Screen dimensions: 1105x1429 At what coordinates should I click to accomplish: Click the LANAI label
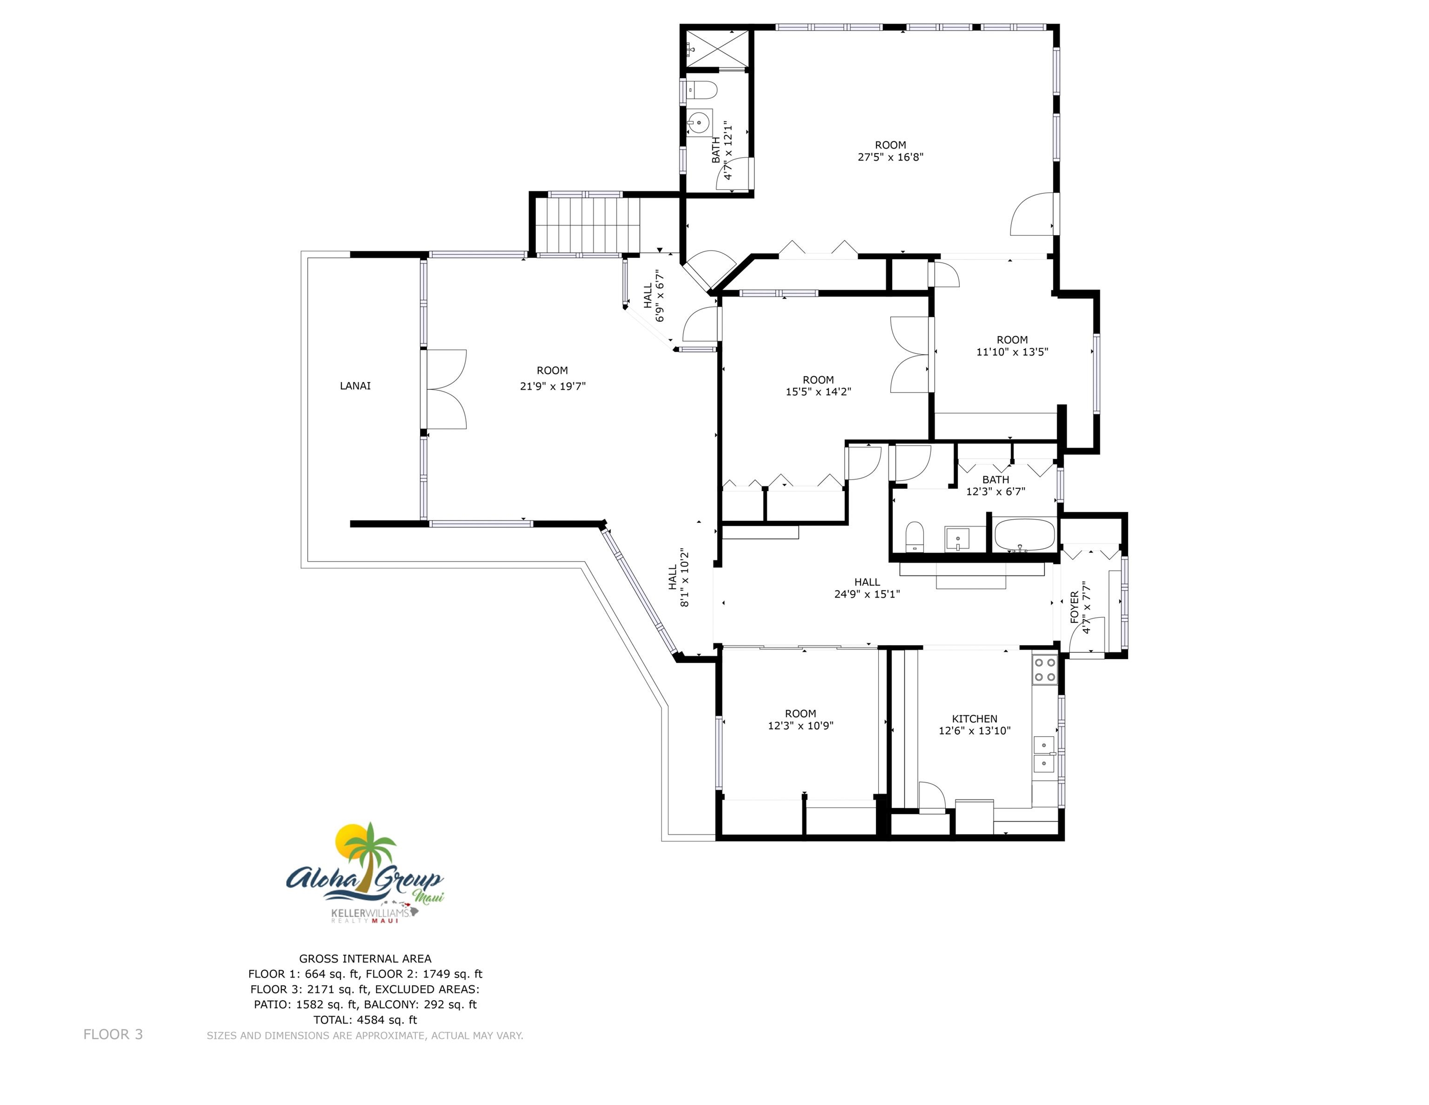355,386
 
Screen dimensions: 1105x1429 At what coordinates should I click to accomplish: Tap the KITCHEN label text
974,719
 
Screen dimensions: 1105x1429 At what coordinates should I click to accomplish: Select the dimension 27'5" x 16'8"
890,157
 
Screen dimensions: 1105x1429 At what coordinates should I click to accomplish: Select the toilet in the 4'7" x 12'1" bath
703,90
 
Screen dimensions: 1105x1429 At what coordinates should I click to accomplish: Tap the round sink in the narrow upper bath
699,122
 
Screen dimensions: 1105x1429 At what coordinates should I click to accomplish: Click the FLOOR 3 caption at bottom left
113,1034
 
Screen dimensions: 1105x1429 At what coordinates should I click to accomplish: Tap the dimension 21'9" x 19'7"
552,386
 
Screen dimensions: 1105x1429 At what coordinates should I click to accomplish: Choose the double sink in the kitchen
1044,754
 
